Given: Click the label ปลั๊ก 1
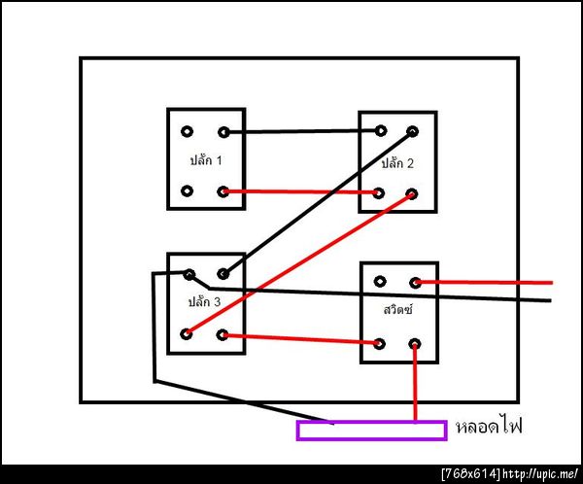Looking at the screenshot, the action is coord(206,160).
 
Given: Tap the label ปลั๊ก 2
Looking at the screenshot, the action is coord(397,163).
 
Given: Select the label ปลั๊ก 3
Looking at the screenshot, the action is coord(204,301).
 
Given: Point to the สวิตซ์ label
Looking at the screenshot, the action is coord(397,309).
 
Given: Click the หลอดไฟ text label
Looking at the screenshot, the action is coord(490,425).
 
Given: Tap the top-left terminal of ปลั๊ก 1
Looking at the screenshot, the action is coord(187,131).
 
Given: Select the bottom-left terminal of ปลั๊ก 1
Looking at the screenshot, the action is coord(187,191).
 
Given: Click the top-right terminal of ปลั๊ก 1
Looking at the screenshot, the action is coord(223,132).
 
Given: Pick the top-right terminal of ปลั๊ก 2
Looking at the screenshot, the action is coord(412,131).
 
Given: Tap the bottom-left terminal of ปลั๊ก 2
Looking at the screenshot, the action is coord(379,193).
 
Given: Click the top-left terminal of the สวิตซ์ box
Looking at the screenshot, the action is coord(380,282).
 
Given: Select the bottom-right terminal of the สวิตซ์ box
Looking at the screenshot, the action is coord(415,344).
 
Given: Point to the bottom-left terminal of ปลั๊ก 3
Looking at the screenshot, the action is coord(187,333).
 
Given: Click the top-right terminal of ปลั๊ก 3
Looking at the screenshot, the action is coord(223,274).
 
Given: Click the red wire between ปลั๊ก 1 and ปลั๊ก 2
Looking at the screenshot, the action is coord(300,192).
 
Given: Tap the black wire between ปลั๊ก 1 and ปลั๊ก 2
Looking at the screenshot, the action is coord(302,131).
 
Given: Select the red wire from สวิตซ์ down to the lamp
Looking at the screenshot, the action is coord(415,383).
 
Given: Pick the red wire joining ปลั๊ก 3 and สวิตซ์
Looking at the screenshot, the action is coord(300,339).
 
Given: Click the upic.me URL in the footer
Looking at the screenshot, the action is coord(540,474).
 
